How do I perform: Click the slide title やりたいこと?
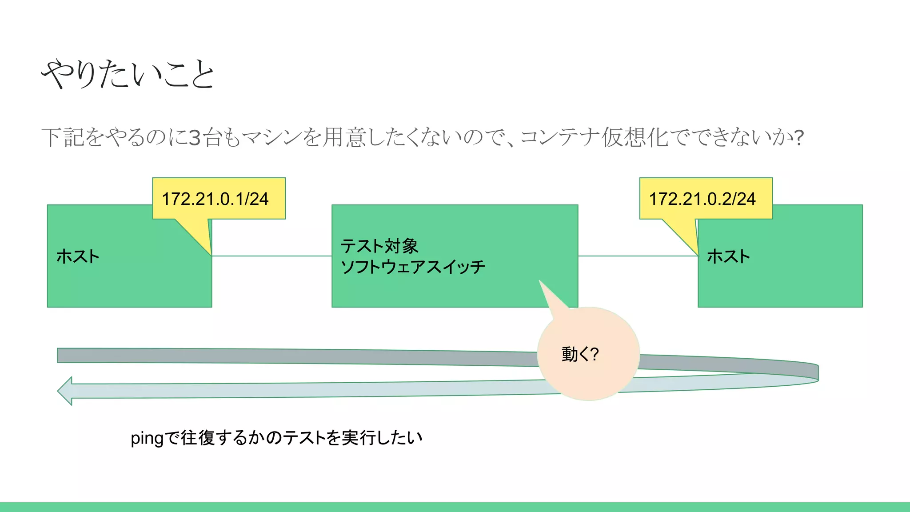[x=128, y=74]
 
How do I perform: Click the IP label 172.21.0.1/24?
[x=215, y=199]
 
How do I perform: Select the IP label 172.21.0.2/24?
[x=702, y=199]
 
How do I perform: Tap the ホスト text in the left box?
[x=78, y=256]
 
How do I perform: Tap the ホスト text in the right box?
[x=728, y=256]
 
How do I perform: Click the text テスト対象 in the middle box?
[x=379, y=246]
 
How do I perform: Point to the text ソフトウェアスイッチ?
[x=413, y=267]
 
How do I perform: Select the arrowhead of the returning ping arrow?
[x=66, y=391]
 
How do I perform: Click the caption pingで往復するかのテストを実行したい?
[x=276, y=438]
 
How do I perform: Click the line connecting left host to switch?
[x=271, y=256]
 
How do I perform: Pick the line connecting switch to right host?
[x=638, y=256]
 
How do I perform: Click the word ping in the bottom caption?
[x=147, y=439]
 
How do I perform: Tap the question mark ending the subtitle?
[x=799, y=138]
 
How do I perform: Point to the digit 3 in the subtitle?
[x=195, y=138]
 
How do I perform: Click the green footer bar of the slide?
[x=455, y=507]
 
